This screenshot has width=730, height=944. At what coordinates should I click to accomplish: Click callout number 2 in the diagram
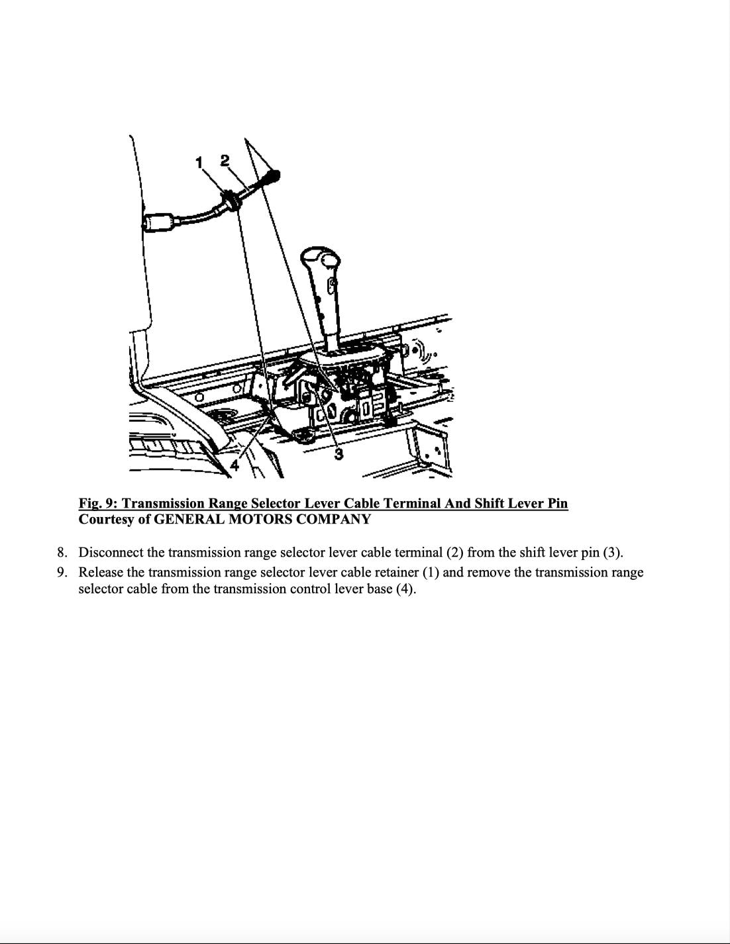(x=225, y=160)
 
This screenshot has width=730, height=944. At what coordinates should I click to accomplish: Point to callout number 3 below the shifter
(x=339, y=453)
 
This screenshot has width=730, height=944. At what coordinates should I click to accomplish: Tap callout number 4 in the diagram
(x=235, y=465)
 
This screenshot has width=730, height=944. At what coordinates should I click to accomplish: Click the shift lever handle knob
(x=319, y=258)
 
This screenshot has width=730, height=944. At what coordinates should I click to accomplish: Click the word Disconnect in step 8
(x=109, y=552)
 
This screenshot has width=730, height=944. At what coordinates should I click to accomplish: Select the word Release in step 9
(x=101, y=572)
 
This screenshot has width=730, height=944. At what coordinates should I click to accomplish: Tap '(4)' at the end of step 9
(x=405, y=589)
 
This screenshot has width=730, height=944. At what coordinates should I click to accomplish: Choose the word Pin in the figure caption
(x=557, y=503)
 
